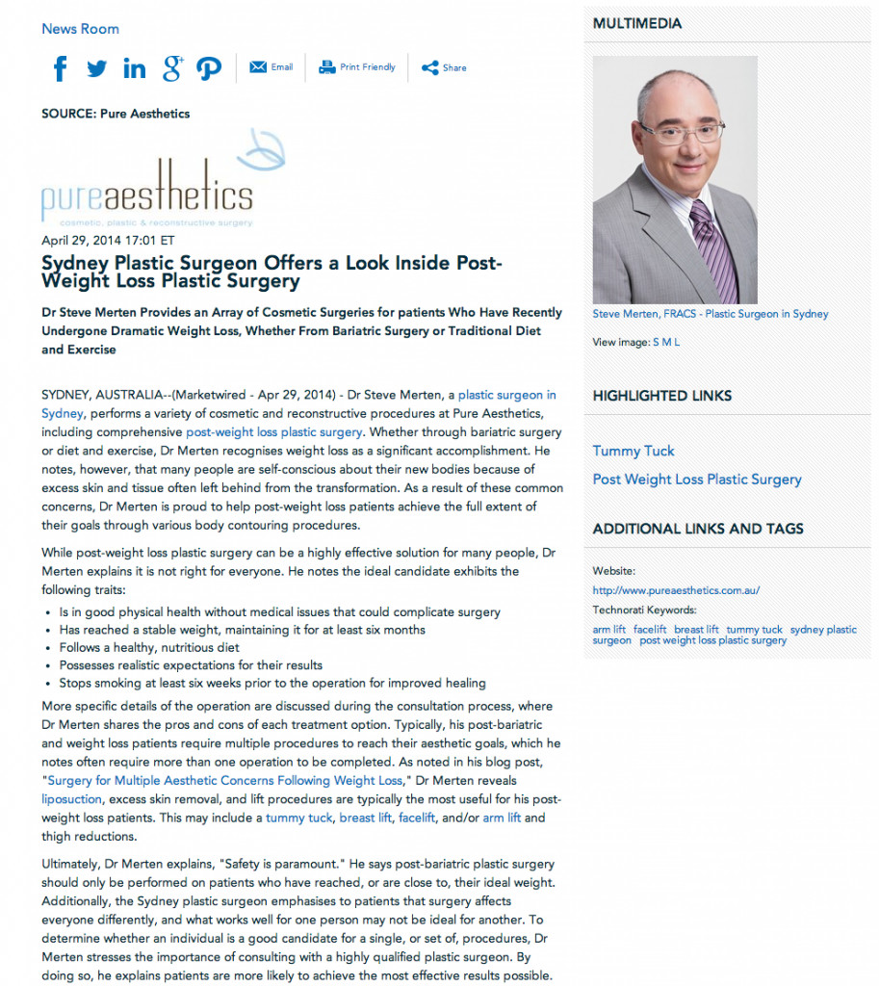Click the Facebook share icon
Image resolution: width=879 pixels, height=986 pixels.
coord(60,68)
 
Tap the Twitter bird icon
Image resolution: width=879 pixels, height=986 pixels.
coord(97,68)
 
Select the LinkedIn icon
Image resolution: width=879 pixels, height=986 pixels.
coord(135,68)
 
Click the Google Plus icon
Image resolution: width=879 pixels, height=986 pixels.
coord(173,67)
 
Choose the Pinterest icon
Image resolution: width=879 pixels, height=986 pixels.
coord(209,68)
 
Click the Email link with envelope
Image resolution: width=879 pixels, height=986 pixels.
coord(271,67)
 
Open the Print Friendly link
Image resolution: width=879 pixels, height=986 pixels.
coord(357,67)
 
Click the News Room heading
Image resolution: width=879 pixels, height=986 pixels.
coord(80,29)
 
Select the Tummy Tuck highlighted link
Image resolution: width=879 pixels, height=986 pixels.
coord(633,451)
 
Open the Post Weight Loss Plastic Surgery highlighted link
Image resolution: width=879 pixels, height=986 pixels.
coord(697,480)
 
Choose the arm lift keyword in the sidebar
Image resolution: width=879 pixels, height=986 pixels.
coord(608,630)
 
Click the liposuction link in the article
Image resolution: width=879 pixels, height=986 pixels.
coord(73,799)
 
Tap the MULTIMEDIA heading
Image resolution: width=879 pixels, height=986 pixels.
coord(637,23)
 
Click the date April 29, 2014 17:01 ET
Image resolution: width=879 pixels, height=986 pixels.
coord(108,240)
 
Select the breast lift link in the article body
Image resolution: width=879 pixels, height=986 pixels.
coord(364,817)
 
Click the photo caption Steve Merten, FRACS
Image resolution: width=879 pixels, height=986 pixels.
coord(711,314)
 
